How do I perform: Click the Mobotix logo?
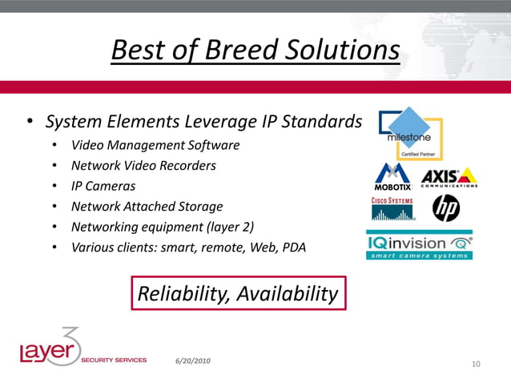[x=393, y=177]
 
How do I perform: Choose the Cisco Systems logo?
[x=392, y=209]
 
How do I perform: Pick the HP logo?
[x=446, y=209]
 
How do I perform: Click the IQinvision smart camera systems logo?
[x=419, y=245]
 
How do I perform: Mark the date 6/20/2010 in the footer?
[x=193, y=361]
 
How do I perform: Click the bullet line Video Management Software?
[x=155, y=145]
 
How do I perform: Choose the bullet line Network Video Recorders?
[x=143, y=166]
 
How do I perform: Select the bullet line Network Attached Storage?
[x=147, y=206]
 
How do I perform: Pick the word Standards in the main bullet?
[x=322, y=123]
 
